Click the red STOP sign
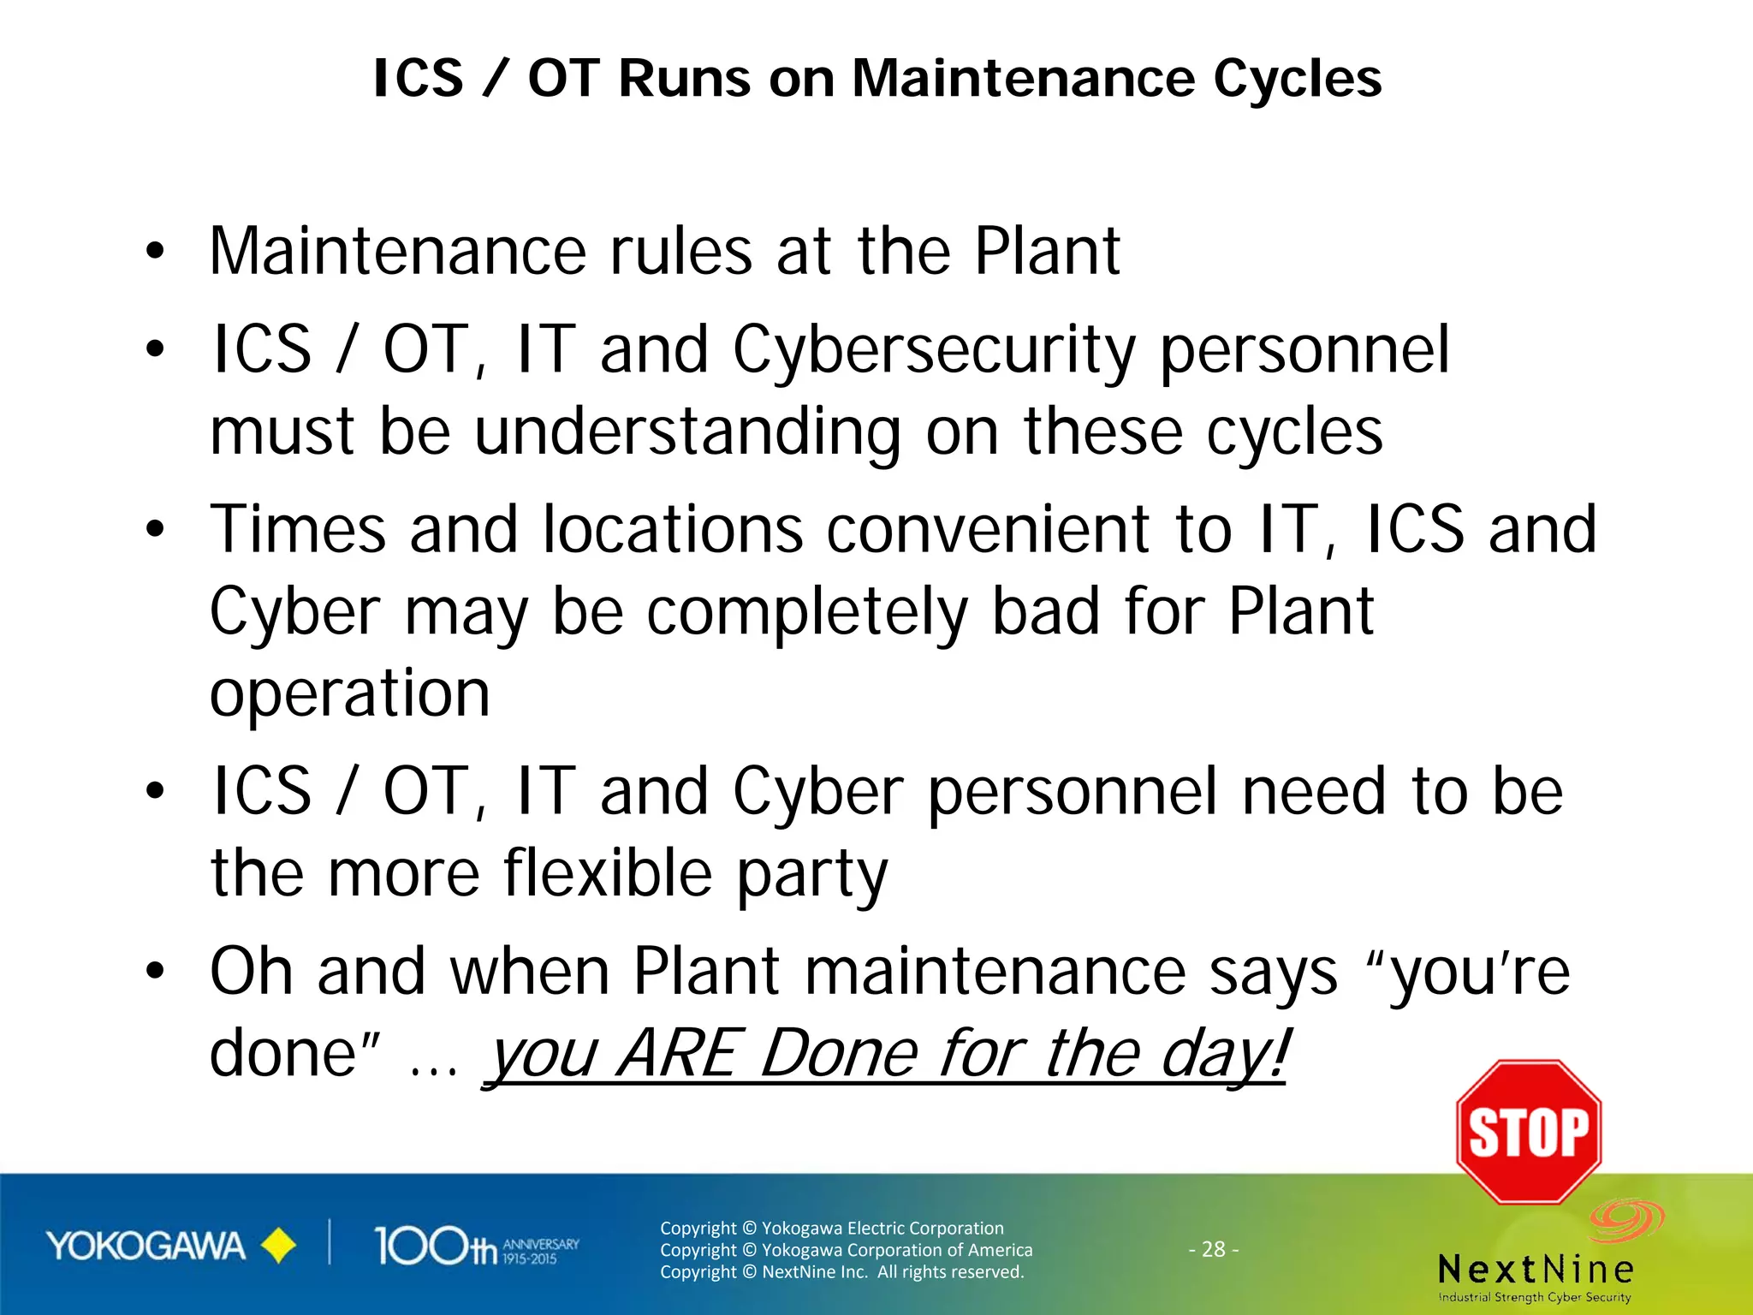1529,1132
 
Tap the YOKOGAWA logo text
146,1247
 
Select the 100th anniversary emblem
476,1247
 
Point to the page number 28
1214,1249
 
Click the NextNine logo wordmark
1536,1269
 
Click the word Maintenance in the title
1023,79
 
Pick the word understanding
687,433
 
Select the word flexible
608,873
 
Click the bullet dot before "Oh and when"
154,972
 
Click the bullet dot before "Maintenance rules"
154,252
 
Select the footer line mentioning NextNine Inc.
841,1272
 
